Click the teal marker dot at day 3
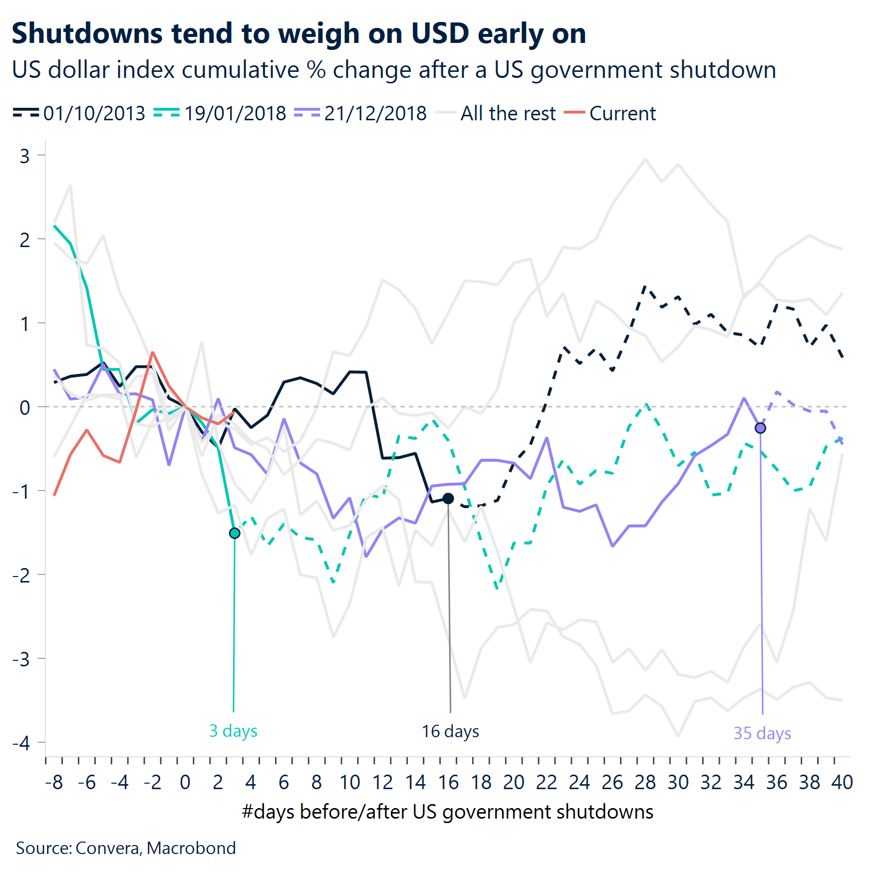[235, 533]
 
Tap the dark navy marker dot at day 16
[448, 498]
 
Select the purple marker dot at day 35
[760, 428]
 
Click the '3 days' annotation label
[233, 731]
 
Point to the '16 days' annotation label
[450, 731]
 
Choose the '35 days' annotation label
[762, 733]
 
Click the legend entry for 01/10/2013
[79, 113]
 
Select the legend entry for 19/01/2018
[220, 113]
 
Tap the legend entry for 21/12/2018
[360, 113]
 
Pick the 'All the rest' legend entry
[495, 113]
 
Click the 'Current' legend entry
[610, 113]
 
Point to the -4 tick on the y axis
[22, 743]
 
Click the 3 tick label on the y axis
[24, 156]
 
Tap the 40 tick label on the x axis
[842, 782]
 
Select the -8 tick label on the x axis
[54, 782]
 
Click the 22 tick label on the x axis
[546, 782]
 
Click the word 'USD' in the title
[440, 33]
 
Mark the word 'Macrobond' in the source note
[191, 848]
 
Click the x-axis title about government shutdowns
[447, 812]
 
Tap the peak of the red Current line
[153, 352]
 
